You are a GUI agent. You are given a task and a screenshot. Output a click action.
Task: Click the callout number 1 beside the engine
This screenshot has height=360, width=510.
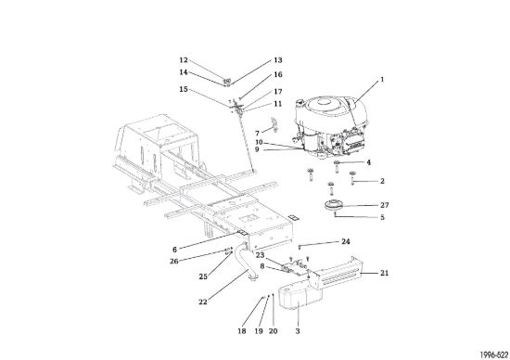[x=382, y=80]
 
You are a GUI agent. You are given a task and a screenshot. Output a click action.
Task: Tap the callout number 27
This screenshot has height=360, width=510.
[x=385, y=205]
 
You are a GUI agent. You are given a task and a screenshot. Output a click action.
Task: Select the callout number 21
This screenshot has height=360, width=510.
[x=385, y=273]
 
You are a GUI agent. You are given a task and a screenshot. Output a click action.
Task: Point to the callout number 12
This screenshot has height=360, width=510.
[x=184, y=60]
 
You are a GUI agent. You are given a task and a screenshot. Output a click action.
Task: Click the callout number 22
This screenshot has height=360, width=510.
[x=203, y=302]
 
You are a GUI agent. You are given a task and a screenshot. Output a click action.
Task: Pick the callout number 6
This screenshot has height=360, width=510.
[x=174, y=250]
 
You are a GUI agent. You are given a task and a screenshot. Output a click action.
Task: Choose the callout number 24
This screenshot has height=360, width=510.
[x=346, y=241]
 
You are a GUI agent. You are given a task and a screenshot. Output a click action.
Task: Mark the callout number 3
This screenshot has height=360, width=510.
[x=298, y=331]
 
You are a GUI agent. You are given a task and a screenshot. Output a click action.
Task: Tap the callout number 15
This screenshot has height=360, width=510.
[x=184, y=89]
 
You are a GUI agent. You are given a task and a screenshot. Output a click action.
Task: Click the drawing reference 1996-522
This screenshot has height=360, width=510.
[x=493, y=354]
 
